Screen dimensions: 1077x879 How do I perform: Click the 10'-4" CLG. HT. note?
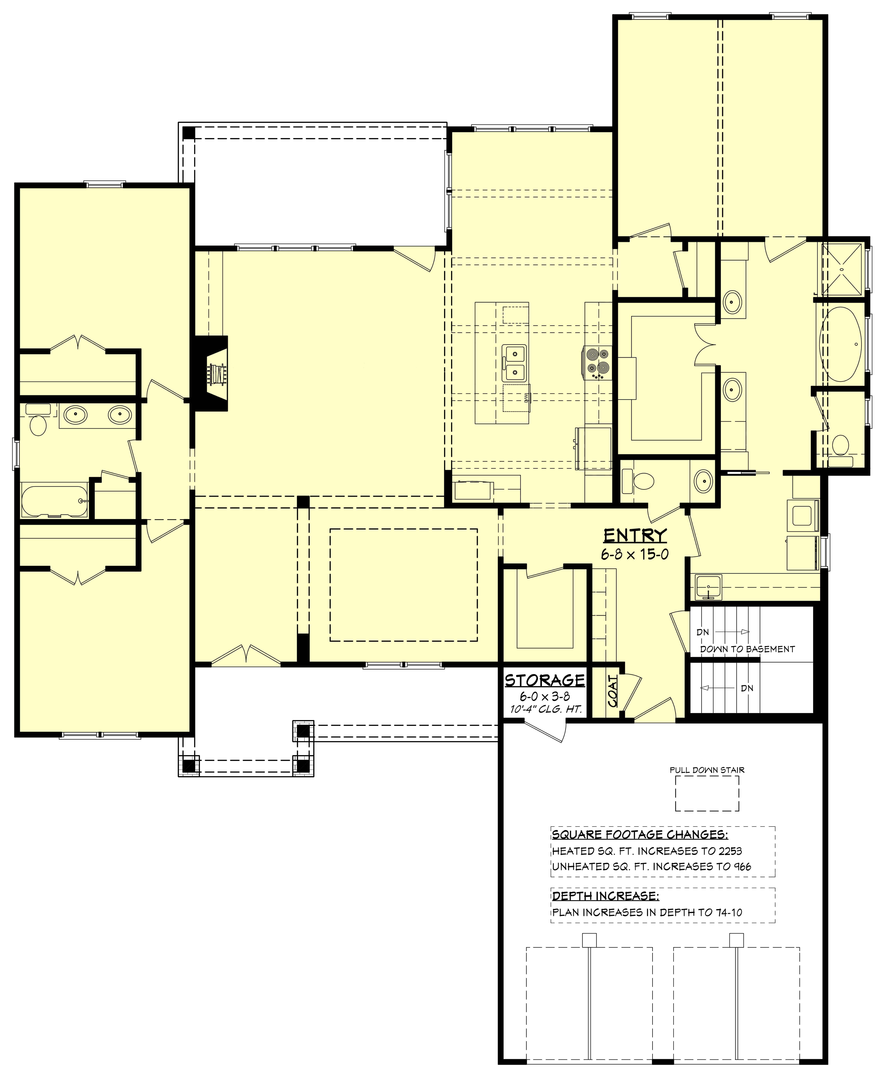(x=545, y=709)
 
